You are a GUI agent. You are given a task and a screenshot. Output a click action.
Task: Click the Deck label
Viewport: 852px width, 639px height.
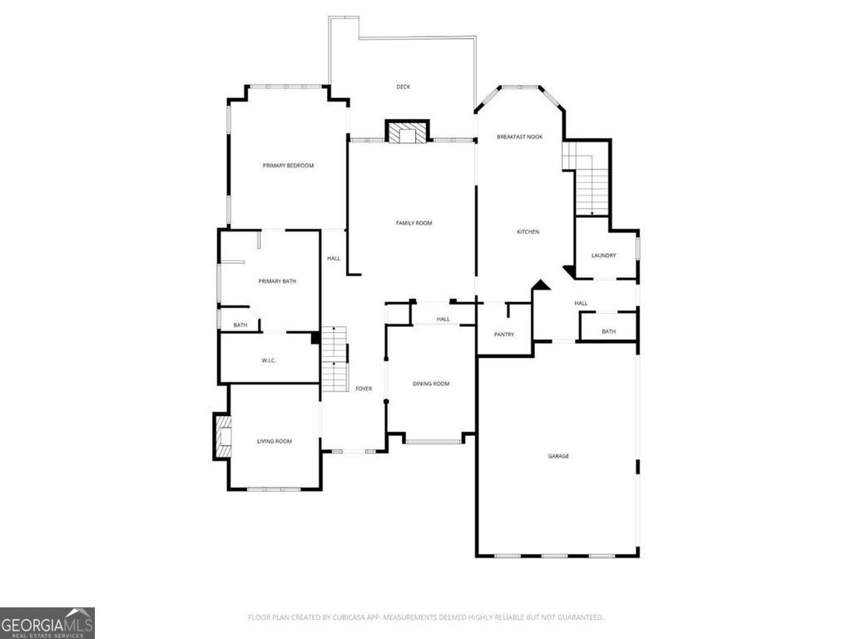(x=404, y=87)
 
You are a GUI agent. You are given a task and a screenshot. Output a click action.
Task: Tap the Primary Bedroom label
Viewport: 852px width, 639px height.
(x=288, y=166)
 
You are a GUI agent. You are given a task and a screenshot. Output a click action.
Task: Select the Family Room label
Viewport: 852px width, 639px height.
(x=414, y=223)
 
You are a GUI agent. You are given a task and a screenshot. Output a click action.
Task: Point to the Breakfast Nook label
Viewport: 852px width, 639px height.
(x=519, y=137)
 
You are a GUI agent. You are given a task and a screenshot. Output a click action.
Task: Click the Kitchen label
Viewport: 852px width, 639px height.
(x=528, y=232)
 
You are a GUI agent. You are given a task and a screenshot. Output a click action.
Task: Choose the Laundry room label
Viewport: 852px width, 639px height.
(x=604, y=255)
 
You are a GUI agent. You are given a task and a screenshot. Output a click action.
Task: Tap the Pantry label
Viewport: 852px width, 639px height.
(x=504, y=334)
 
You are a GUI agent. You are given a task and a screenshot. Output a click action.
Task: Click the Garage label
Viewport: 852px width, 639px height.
(x=558, y=457)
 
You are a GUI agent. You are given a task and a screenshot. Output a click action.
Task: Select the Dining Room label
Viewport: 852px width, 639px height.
(x=431, y=384)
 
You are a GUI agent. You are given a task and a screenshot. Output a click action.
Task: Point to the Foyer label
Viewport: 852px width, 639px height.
(x=364, y=389)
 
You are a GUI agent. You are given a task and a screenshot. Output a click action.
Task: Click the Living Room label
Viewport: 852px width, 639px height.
(x=275, y=441)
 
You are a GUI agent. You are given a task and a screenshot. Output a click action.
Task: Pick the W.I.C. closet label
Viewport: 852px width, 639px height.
(x=269, y=360)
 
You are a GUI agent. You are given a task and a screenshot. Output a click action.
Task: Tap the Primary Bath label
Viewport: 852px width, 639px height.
(x=277, y=281)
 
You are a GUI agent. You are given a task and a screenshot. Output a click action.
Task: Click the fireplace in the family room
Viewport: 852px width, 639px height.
(x=408, y=132)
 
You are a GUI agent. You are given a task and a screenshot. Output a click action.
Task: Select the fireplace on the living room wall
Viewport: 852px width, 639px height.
(x=222, y=436)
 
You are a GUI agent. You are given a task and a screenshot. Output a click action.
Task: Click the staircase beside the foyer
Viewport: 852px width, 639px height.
(x=334, y=359)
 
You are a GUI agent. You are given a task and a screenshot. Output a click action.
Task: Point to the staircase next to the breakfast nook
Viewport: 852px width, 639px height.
(x=586, y=178)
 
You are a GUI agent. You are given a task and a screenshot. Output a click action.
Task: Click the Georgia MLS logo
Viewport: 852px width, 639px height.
(x=47, y=623)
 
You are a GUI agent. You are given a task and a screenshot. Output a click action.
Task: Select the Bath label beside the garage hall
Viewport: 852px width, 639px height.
(x=608, y=331)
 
